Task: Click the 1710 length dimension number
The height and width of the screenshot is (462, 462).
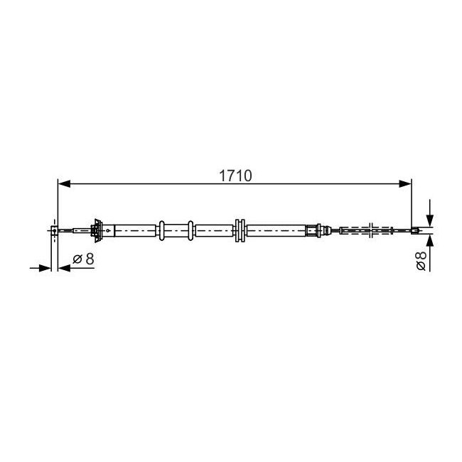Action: click(235, 176)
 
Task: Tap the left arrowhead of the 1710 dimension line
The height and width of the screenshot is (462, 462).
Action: click(64, 184)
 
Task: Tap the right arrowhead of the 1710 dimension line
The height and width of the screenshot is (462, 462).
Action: click(405, 184)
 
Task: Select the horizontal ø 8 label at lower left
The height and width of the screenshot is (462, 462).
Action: click(83, 259)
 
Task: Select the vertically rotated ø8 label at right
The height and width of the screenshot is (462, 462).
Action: click(421, 261)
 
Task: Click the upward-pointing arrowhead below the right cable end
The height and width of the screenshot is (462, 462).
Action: click(430, 240)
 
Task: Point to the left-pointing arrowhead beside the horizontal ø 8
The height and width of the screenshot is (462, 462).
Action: click(64, 268)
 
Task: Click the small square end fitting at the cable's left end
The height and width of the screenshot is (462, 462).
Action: click(55, 230)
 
